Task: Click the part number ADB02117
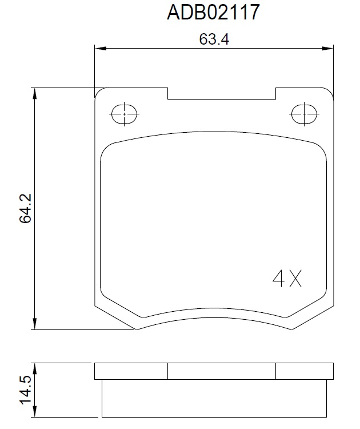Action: click(x=213, y=13)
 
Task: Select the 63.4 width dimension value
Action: click(x=214, y=39)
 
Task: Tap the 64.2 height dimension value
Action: click(x=26, y=208)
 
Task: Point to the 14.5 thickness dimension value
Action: click(x=26, y=390)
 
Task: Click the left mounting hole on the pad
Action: click(x=124, y=114)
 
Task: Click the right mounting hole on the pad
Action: click(x=304, y=114)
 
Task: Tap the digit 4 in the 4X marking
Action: click(x=278, y=278)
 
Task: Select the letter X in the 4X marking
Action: click(x=295, y=278)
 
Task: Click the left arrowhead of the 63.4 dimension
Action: click(x=100, y=49)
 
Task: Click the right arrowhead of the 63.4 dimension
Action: click(x=328, y=49)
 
